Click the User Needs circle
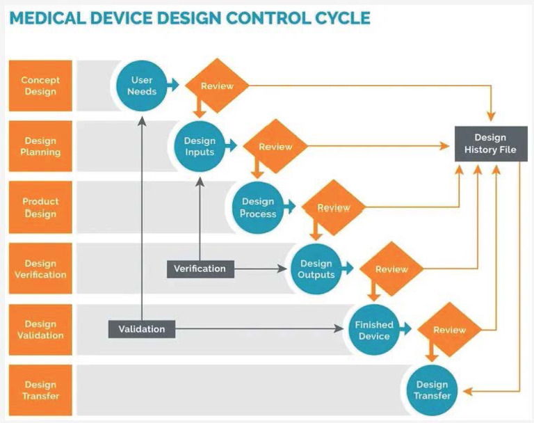(x=142, y=86)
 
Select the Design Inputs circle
(x=200, y=147)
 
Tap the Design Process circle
(x=258, y=207)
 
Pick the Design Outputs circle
(x=316, y=269)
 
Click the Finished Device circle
(x=374, y=330)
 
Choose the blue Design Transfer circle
(x=432, y=390)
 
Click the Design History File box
(x=490, y=143)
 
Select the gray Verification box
(x=200, y=269)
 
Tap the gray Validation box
(x=141, y=329)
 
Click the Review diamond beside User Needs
(x=217, y=86)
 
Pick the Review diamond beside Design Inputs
(x=275, y=147)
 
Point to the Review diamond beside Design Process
(x=334, y=207)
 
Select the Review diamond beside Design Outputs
(x=391, y=269)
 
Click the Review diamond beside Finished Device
(x=450, y=330)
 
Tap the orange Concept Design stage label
(x=40, y=86)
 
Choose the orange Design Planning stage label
(x=40, y=147)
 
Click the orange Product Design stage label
(x=40, y=207)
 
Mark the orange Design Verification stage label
(x=40, y=269)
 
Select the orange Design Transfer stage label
(x=40, y=390)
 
